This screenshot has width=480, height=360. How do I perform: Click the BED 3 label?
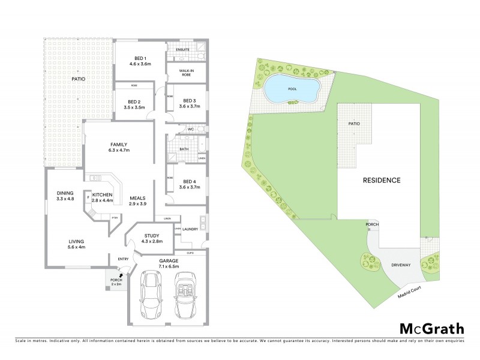(x=190, y=100)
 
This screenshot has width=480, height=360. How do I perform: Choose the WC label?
(x=190, y=128)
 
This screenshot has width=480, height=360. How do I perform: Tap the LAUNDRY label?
(x=190, y=229)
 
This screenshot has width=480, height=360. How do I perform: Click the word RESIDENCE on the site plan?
(x=380, y=179)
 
